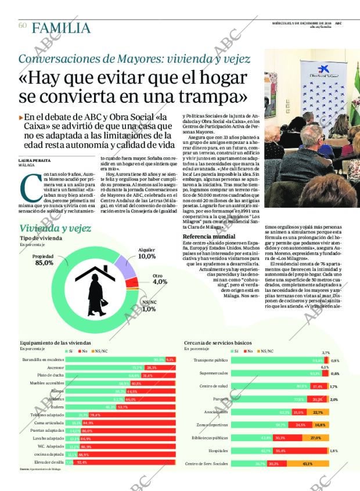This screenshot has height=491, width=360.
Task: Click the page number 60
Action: coord(23,26)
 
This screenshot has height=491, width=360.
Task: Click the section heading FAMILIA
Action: coord(61,28)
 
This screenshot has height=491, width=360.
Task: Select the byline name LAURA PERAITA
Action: coord(34,160)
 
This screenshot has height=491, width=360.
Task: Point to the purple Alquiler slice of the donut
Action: coord(125,263)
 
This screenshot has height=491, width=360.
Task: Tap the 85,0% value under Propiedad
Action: coord(44,263)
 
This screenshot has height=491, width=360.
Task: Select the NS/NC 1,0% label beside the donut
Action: coord(149,306)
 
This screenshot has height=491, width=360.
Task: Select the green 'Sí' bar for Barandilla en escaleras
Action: coord(114,360)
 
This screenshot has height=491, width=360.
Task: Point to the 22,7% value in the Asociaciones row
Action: coord(317,412)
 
